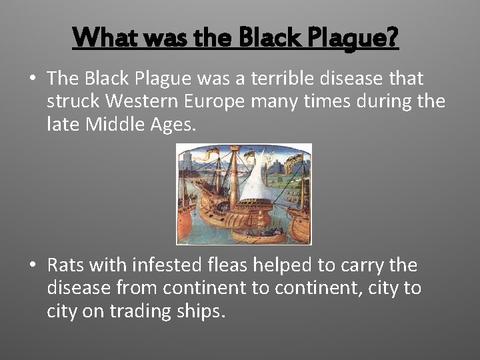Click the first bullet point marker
(x=32, y=79)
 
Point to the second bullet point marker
(x=32, y=265)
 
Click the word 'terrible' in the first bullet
(x=291, y=79)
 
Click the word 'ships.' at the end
(x=203, y=311)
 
